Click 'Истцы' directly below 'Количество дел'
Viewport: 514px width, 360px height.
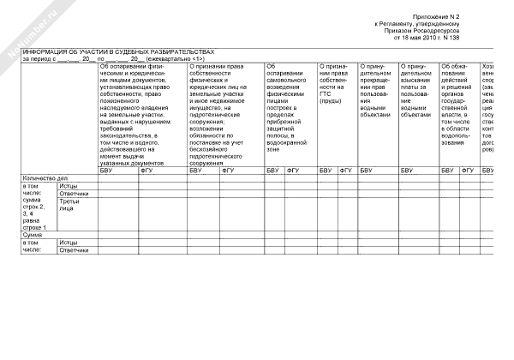[x=69, y=185]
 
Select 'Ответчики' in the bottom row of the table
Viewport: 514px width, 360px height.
[x=74, y=250]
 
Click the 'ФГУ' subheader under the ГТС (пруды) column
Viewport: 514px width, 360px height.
[x=346, y=170]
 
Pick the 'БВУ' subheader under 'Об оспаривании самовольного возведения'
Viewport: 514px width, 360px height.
[x=273, y=170]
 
